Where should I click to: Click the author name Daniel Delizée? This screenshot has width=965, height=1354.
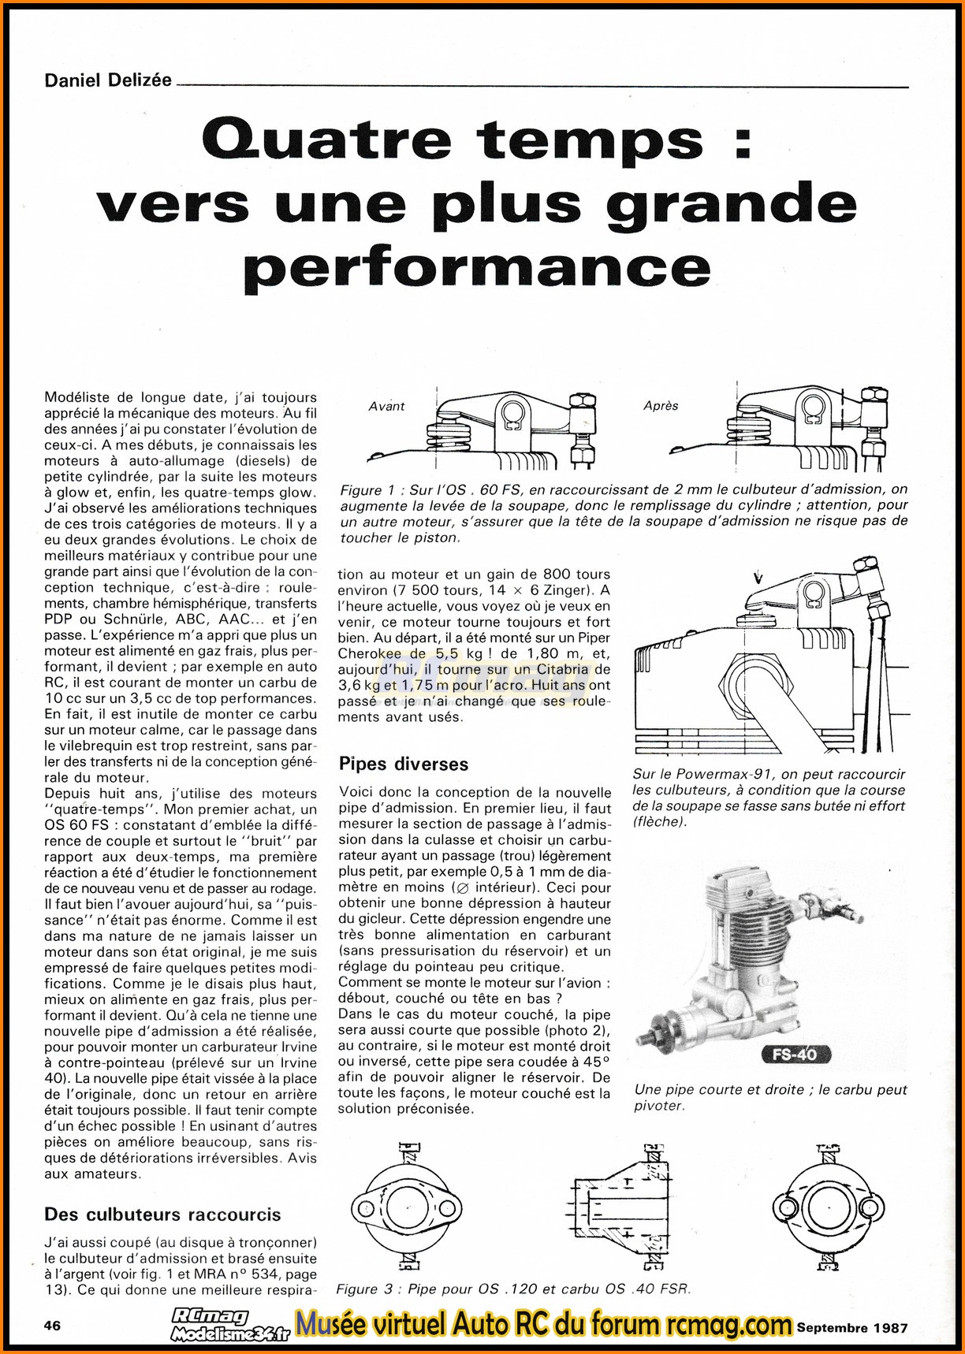coord(108,80)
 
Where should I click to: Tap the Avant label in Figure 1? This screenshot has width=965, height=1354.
coord(386,406)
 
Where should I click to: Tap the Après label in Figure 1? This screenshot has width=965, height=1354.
coord(661,405)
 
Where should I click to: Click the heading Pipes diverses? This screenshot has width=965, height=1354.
coord(403,764)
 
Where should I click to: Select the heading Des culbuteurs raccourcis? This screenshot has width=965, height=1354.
coord(162,1215)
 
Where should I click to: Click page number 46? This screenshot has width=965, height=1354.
coord(52,1325)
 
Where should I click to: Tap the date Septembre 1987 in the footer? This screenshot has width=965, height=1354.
coord(852,1327)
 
